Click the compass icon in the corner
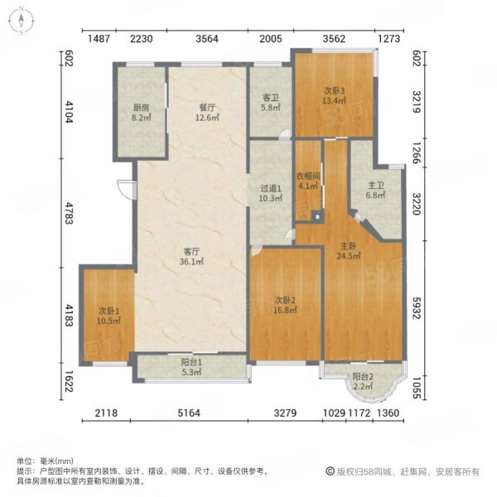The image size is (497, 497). pyautogui.click(x=22, y=21)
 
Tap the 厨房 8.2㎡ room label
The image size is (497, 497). pyautogui.click(x=141, y=113)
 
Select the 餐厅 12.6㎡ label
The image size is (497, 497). pyautogui.click(x=207, y=113)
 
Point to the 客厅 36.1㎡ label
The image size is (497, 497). pyautogui.click(x=191, y=257)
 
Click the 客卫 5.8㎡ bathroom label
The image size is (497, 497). pyautogui.click(x=270, y=102)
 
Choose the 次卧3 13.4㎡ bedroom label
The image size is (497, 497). pyautogui.click(x=334, y=96)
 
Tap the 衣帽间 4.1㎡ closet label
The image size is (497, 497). pyautogui.click(x=308, y=181)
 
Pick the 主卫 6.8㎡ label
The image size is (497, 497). pyautogui.click(x=375, y=191)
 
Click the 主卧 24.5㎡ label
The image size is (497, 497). pyautogui.click(x=348, y=251)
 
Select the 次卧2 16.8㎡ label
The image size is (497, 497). pyautogui.click(x=285, y=305)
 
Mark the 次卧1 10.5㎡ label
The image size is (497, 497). pyautogui.click(x=109, y=316)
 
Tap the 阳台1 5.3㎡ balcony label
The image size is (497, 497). pyautogui.click(x=191, y=367)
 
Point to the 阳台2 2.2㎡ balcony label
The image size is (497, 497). pyautogui.click(x=363, y=381)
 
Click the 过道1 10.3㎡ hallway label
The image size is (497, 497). pyautogui.click(x=270, y=193)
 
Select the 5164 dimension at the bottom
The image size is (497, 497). pyautogui.click(x=189, y=413)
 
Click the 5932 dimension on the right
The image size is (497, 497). pyautogui.click(x=417, y=307)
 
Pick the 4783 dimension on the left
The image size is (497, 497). pyautogui.click(x=69, y=212)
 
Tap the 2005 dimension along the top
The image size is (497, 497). pyautogui.click(x=270, y=39)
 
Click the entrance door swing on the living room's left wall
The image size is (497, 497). pyautogui.click(x=127, y=190)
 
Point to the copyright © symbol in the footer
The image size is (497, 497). pyautogui.click(x=331, y=471)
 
